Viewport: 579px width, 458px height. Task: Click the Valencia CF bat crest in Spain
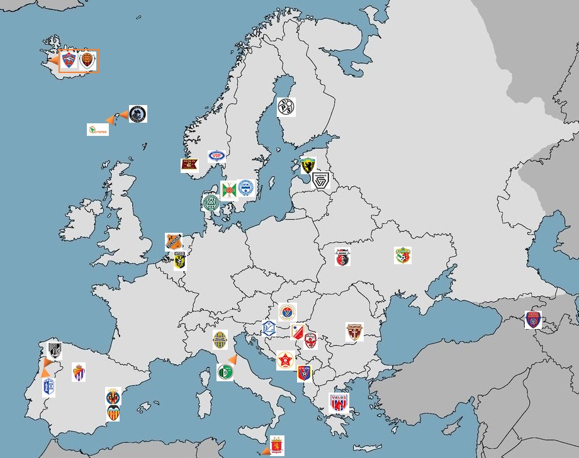pyautogui.click(x=113, y=413)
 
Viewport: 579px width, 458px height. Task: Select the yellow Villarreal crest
pyautogui.click(x=113, y=397)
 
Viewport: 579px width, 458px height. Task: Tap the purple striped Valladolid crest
pyautogui.click(x=79, y=372)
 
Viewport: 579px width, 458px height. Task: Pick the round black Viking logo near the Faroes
pyautogui.click(x=138, y=114)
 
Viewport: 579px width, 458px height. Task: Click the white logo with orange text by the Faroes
pyautogui.click(x=98, y=130)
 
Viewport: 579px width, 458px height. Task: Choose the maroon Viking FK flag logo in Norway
pyautogui.click(x=189, y=165)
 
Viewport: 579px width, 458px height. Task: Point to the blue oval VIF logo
pyautogui.click(x=217, y=157)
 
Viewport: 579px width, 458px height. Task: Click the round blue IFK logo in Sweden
pyautogui.click(x=245, y=188)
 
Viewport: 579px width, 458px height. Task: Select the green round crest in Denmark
pyautogui.click(x=211, y=202)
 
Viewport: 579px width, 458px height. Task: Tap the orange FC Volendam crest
pyautogui.click(x=173, y=242)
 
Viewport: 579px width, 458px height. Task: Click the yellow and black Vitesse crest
pyautogui.click(x=179, y=260)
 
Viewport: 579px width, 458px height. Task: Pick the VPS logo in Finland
pyautogui.click(x=286, y=106)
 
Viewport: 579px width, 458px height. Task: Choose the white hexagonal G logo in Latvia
pyautogui.click(x=321, y=181)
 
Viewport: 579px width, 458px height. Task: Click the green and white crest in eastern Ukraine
pyautogui.click(x=403, y=255)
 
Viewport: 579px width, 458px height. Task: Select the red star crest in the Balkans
pyautogui.click(x=286, y=360)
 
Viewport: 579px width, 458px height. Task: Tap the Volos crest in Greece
pyautogui.click(x=339, y=404)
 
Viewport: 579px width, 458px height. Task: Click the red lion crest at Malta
pyautogui.click(x=276, y=445)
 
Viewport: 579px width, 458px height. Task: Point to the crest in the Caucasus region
pyautogui.click(x=533, y=320)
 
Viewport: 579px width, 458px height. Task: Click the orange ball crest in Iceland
pyautogui.click(x=87, y=60)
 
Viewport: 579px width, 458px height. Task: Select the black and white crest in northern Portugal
pyautogui.click(x=54, y=350)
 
